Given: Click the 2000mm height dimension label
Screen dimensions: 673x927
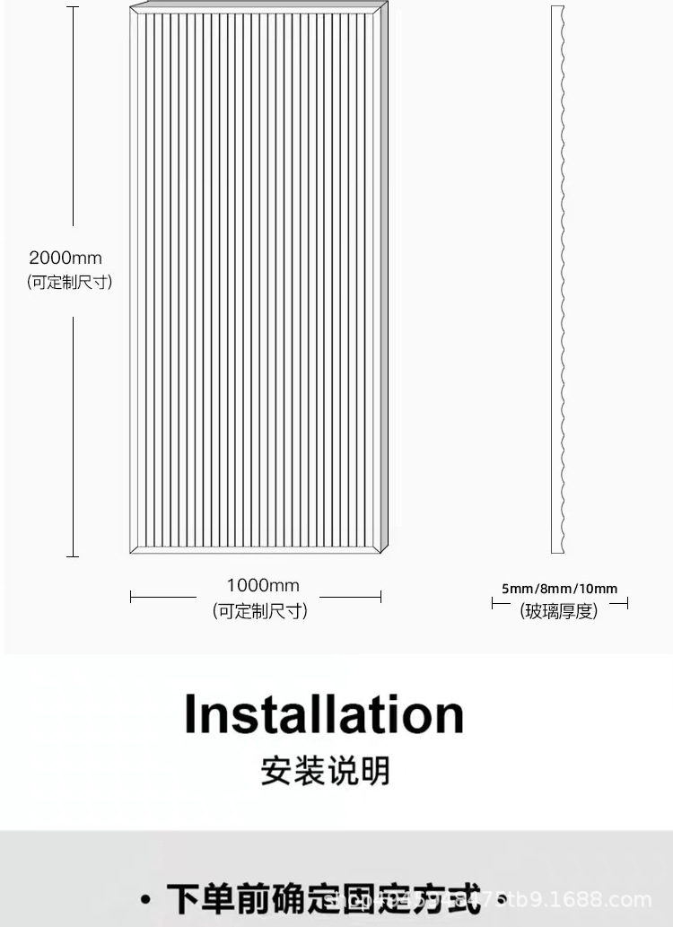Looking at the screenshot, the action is coord(66,258).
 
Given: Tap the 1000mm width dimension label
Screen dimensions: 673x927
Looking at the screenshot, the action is coord(263,586).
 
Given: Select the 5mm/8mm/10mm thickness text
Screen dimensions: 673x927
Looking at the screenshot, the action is coord(559,589).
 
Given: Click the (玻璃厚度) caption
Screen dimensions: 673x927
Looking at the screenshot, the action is coord(559,611).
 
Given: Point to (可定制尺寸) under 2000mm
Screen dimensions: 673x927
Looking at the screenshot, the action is coord(70,282).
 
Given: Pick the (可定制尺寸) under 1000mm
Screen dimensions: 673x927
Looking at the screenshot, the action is coord(260,611).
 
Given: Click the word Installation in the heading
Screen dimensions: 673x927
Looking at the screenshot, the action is coord(324,714).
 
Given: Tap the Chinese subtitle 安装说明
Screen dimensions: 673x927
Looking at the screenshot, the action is coord(325,771).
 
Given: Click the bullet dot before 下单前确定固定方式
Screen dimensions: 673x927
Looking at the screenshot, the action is coord(145,899).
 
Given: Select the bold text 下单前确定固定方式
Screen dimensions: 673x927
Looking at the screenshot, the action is coord(323,898).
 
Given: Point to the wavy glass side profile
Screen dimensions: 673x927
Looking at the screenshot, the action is coord(558,278).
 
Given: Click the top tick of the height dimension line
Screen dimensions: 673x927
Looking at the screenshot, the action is coord(73,7).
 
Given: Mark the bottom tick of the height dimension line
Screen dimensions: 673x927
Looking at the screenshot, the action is coord(73,556).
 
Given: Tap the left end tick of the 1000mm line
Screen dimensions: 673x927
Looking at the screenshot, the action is coord(131,597).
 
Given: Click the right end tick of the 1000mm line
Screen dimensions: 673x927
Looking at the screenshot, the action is coord(381,597).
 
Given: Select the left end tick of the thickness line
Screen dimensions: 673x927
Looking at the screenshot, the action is coord(493,604).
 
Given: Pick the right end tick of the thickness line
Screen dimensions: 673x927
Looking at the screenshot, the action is coord(626,604).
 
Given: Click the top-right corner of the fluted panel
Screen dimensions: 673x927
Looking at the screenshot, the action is coord(388,4).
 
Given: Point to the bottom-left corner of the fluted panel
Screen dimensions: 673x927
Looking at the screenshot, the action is coord(131,552).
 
